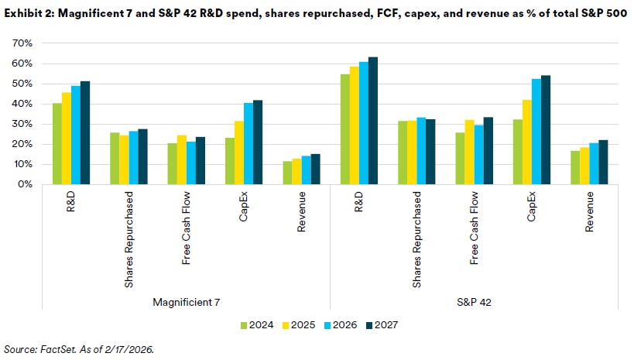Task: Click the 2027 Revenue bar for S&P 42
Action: click(604, 162)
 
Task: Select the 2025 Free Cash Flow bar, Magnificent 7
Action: click(182, 160)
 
